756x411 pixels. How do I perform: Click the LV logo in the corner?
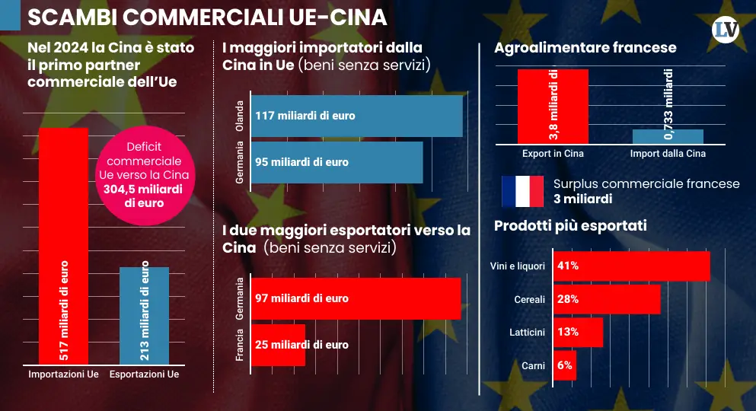coord(726,30)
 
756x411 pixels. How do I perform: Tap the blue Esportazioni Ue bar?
coord(145,315)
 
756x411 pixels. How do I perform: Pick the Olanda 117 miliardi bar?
coord(356,116)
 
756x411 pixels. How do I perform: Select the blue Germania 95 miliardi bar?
coord(337,162)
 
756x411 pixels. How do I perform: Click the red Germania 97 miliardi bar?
coord(356,298)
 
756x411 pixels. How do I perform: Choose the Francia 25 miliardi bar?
coord(279,345)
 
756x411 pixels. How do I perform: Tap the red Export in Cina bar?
coord(553,106)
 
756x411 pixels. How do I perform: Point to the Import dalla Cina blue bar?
coord(668,136)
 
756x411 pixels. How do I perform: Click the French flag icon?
coord(522,191)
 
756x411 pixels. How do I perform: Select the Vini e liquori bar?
coord(631,266)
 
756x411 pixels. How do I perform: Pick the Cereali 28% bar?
coord(606,299)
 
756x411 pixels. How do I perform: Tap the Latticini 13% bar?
coord(578,332)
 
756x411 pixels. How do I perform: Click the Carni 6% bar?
coord(564,365)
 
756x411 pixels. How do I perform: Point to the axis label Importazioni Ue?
coord(63,374)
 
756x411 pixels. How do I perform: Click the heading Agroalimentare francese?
coord(585,48)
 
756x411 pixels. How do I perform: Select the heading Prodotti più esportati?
coord(570,225)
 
